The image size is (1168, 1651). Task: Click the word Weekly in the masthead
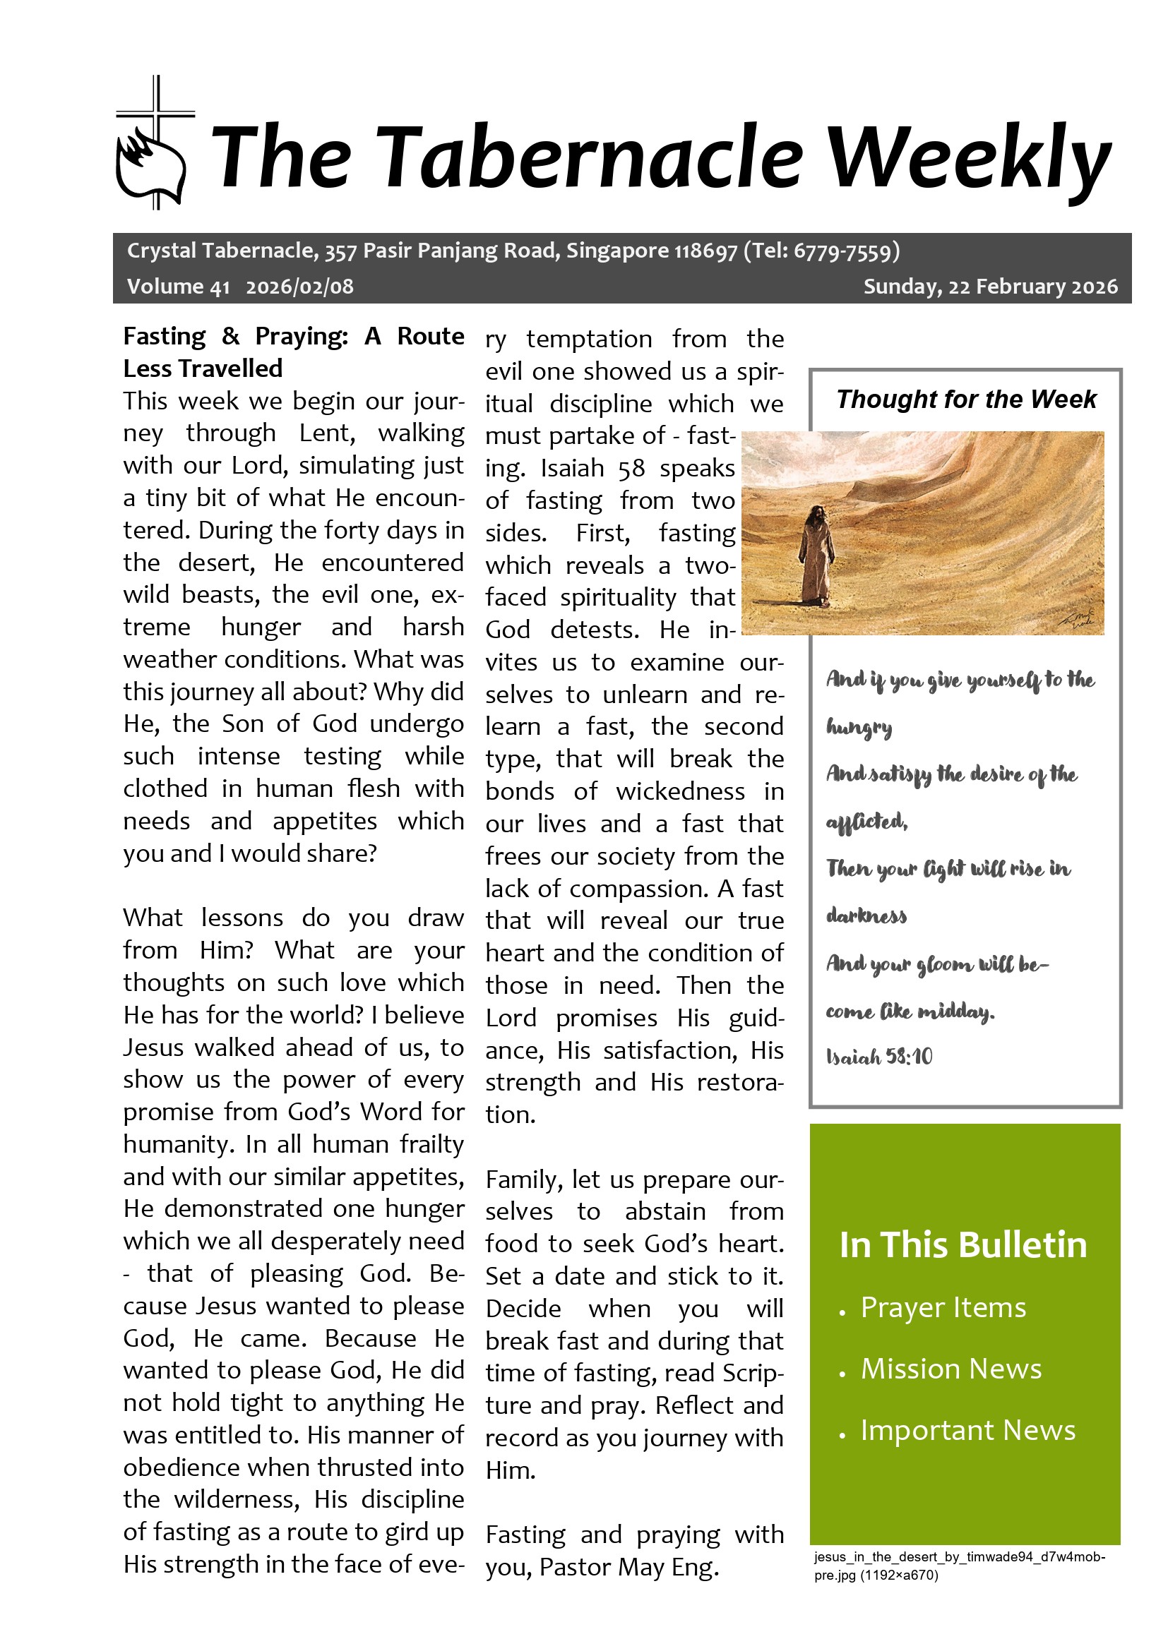[968, 158]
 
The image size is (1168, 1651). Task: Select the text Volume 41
[178, 287]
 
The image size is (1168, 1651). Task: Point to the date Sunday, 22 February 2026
[989, 287]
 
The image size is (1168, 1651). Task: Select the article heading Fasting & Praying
[294, 352]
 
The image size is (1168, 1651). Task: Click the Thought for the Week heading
[966, 399]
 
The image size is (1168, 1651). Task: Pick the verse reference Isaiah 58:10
[879, 1057]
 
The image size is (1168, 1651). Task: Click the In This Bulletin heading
[963, 1244]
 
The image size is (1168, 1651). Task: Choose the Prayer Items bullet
[943, 1307]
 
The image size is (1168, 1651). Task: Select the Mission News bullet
[951, 1369]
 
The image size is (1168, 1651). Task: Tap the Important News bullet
[968, 1430]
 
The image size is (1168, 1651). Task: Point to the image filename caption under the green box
[959, 1566]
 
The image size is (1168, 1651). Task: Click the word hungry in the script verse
[859, 728]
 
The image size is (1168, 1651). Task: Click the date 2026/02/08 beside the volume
[299, 287]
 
